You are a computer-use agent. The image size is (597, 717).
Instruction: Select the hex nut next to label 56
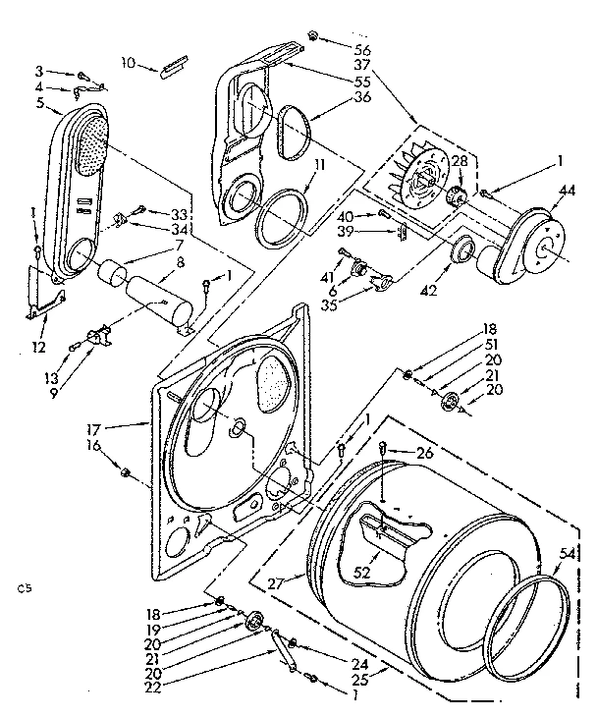311,36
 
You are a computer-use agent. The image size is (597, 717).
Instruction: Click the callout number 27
276,581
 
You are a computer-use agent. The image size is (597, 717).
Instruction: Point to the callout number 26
424,453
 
